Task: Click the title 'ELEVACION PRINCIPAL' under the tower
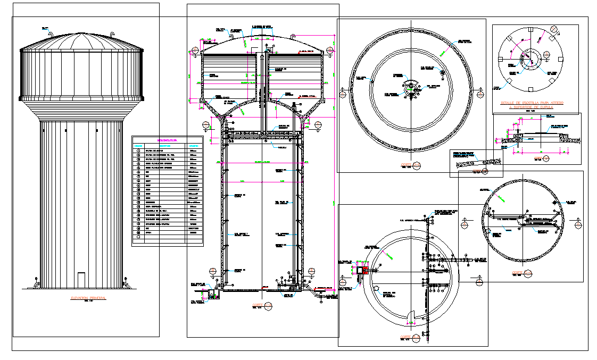(88, 298)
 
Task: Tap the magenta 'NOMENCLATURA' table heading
(168, 140)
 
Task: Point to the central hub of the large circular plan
(411, 89)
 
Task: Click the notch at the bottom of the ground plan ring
(410, 314)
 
